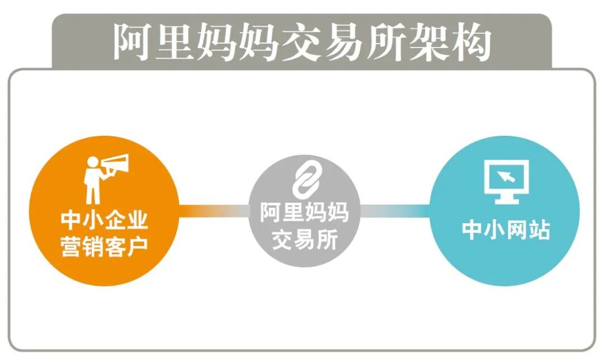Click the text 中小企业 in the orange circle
click(105, 220)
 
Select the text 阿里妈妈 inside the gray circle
click(305, 213)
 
